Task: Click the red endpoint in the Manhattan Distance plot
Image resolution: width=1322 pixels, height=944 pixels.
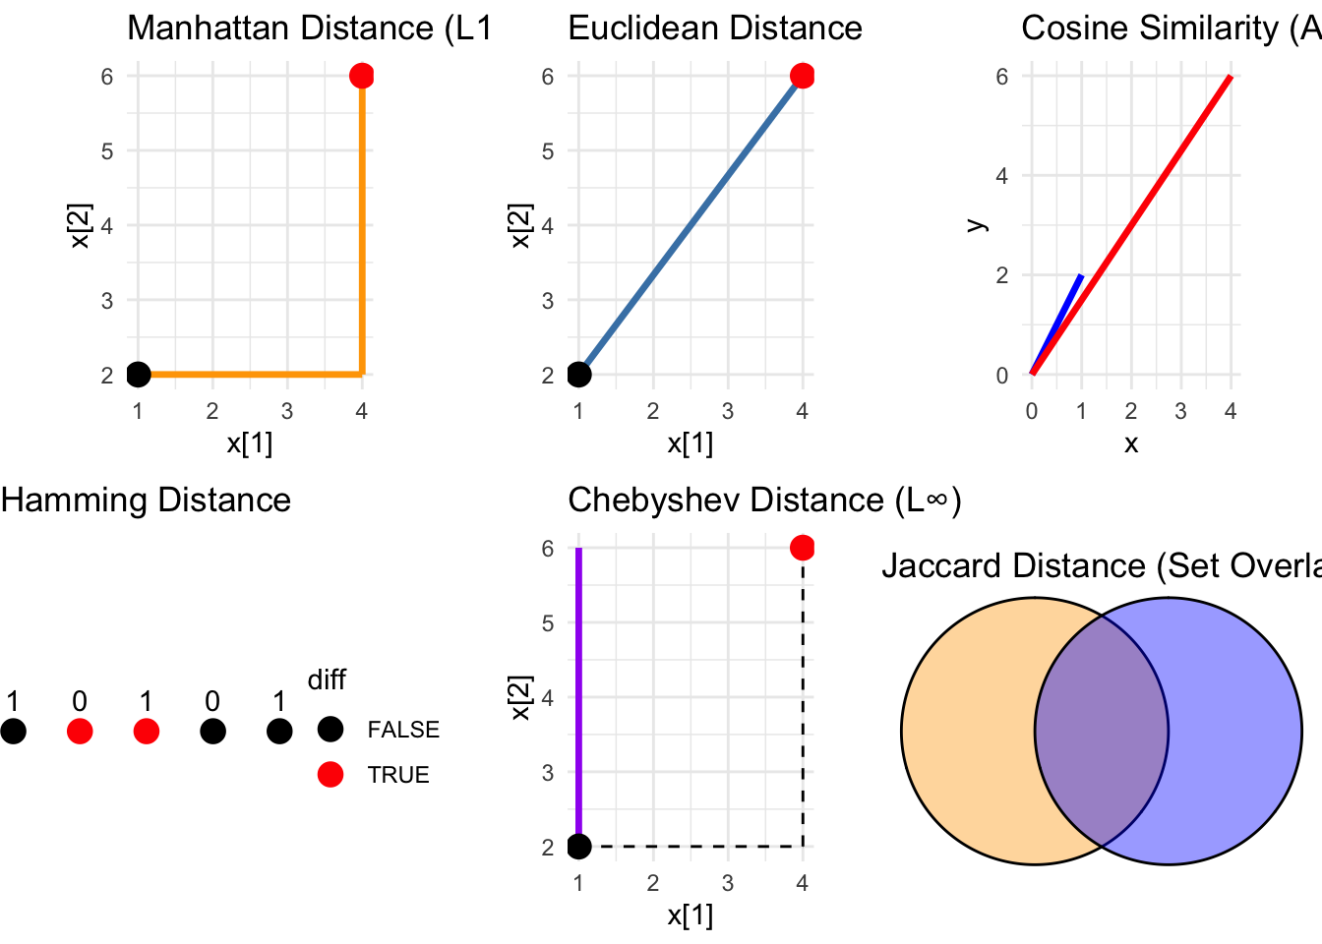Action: pos(362,76)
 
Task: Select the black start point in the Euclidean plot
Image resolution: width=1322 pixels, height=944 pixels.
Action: pos(579,375)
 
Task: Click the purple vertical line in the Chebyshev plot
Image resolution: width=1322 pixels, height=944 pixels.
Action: pos(579,688)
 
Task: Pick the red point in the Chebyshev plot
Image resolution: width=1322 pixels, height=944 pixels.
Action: pos(803,548)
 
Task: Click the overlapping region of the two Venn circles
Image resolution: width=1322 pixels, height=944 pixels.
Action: pos(1102,732)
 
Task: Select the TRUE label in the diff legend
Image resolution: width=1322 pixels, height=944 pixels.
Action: pos(398,775)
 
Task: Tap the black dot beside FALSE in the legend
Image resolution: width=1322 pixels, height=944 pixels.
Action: pos(330,730)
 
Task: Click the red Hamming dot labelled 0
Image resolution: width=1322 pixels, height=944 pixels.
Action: pos(80,732)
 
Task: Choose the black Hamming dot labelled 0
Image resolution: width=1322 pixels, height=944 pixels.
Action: pos(212,732)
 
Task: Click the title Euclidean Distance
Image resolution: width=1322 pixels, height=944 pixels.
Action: pos(715,28)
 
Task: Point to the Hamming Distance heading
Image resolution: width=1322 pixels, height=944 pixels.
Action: pos(146,500)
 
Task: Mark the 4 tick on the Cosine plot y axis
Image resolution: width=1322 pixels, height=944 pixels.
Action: pos(1001,176)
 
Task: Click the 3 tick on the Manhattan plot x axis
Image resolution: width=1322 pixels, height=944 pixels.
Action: pos(287,411)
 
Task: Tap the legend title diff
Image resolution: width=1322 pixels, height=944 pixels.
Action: pos(327,679)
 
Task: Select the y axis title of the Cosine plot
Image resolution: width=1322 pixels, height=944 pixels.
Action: pos(976,224)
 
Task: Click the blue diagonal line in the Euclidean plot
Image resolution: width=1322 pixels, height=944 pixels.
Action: pos(691,225)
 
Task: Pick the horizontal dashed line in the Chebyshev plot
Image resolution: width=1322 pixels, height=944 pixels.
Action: pos(689,846)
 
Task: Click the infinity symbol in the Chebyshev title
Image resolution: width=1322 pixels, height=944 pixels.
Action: pos(936,501)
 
